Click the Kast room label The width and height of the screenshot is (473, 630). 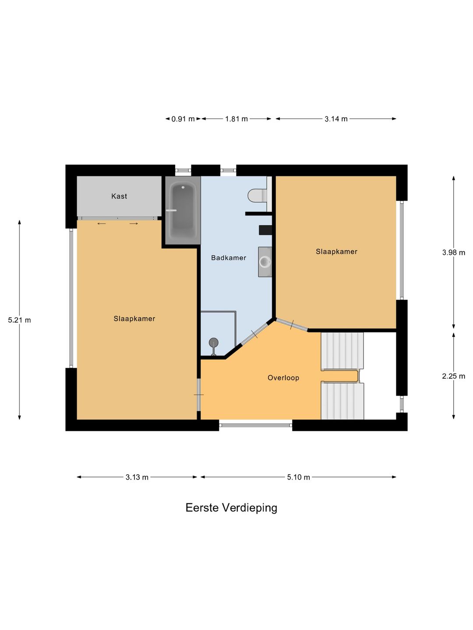coord(119,196)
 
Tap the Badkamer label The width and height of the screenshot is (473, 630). coord(228,258)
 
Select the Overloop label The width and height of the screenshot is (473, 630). coord(283,378)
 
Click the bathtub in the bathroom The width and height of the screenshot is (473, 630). coord(183,210)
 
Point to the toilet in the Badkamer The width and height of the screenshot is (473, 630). coord(258,196)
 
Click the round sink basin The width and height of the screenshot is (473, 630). coord(265,262)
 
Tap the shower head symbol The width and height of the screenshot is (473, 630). coord(213,343)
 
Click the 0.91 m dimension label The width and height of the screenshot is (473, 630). coord(183,119)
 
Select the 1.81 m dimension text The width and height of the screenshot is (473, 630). coord(236,119)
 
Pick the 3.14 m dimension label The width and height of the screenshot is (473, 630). coord(336,119)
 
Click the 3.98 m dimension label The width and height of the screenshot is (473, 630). coord(453,252)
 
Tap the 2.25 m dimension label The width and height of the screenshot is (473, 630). coord(453,376)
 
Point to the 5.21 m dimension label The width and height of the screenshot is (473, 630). coord(19,320)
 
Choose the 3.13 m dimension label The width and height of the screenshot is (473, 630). coord(137,477)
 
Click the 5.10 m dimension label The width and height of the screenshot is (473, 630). coord(298,477)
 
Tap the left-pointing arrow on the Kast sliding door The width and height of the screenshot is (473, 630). coord(101,224)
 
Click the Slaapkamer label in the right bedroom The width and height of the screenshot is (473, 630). coord(337,252)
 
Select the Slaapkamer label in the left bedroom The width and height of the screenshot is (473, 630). coord(134,318)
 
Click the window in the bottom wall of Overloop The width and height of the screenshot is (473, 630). coord(256,425)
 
